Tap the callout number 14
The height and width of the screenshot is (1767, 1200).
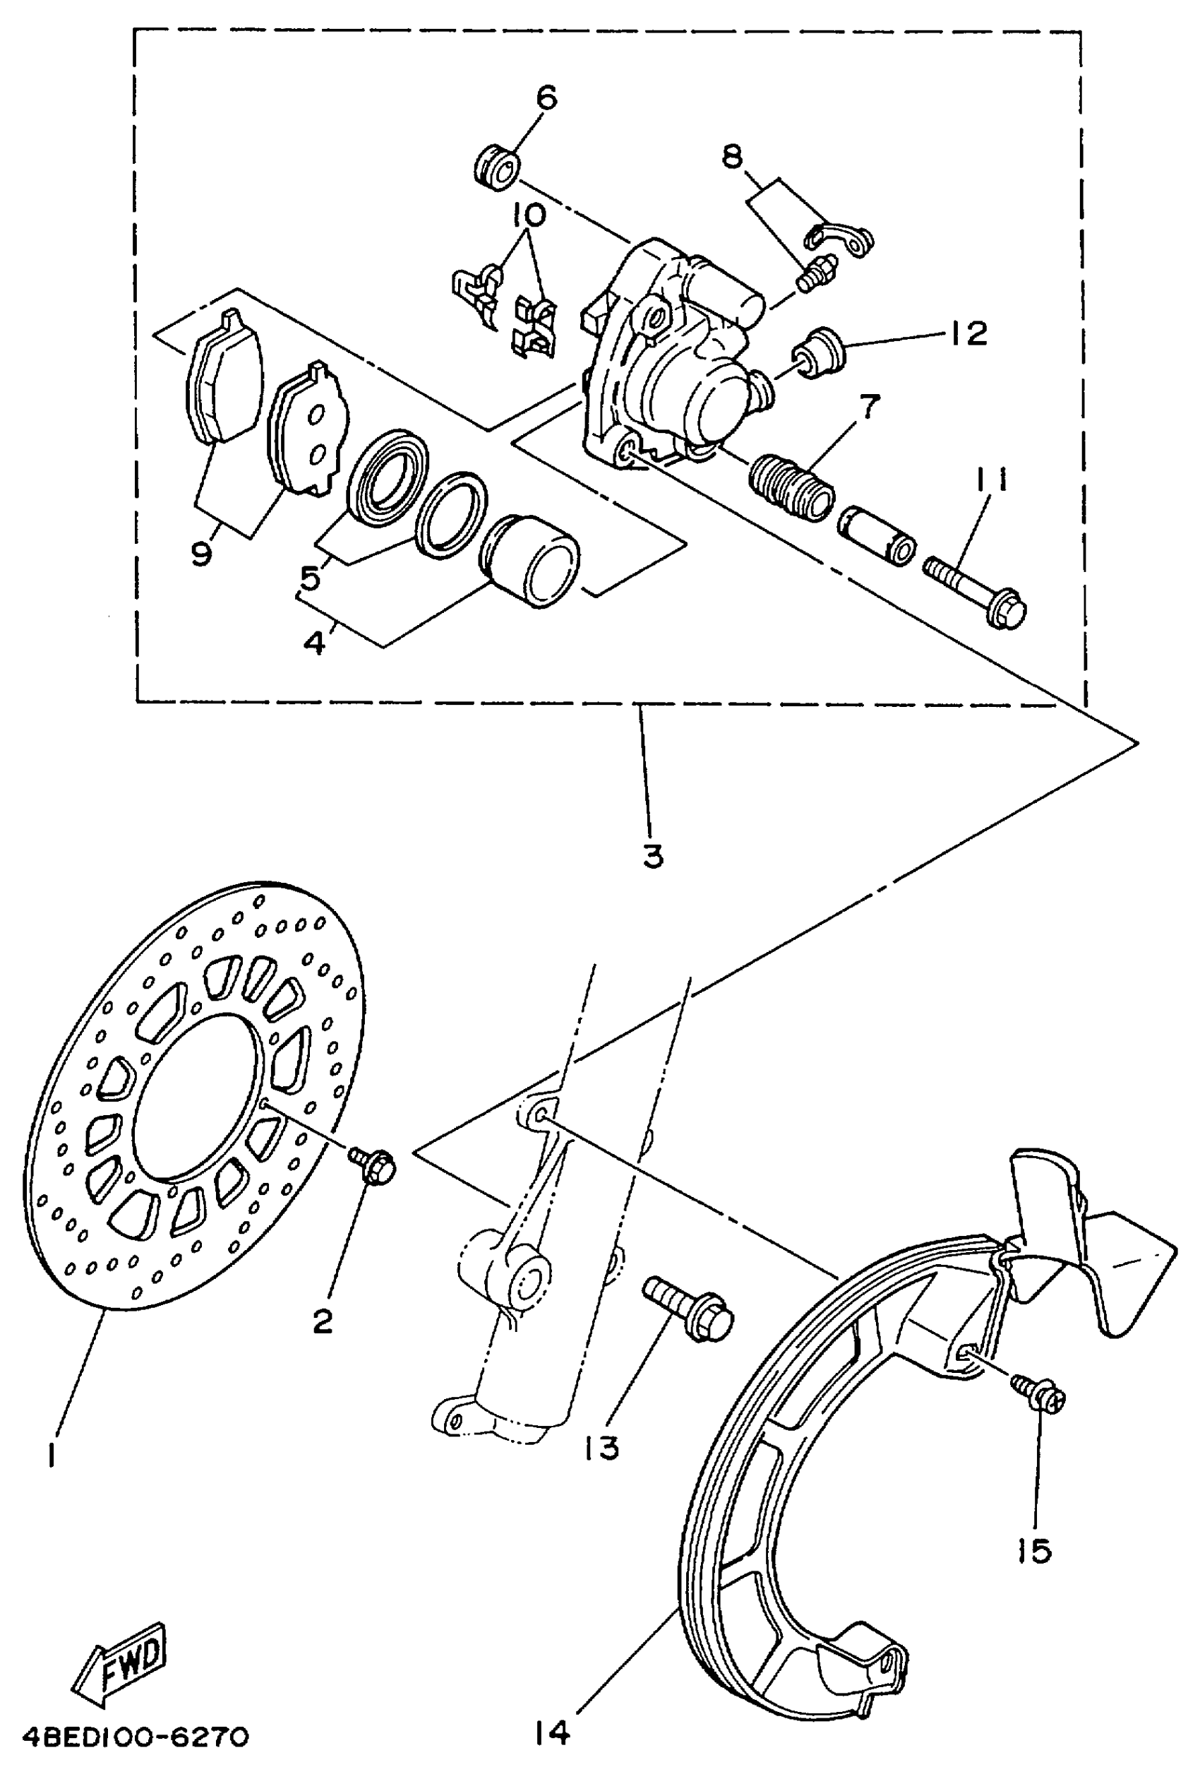pos(551,1731)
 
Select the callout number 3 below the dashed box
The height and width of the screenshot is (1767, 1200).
pos(652,855)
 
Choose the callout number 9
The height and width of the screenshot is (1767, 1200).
pos(200,554)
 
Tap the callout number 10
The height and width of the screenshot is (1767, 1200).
pos(529,215)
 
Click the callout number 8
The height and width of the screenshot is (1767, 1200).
pos(731,157)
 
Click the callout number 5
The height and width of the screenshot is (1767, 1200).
pos(310,578)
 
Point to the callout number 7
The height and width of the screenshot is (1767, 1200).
pos(870,407)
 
